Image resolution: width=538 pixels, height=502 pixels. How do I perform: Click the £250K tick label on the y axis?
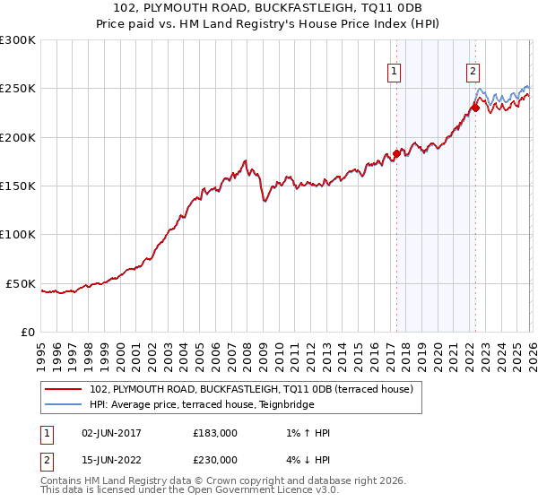pyautogui.click(x=17, y=89)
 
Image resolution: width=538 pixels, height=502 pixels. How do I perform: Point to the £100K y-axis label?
pyautogui.click(x=17, y=234)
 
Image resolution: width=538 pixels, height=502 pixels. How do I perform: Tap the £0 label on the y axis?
pyautogui.click(x=26, y=332)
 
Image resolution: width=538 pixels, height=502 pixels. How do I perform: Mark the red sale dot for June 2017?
pyautogui.click(x=395, y=153)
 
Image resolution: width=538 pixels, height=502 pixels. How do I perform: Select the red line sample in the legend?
pyautogui.click(x=64, y=390)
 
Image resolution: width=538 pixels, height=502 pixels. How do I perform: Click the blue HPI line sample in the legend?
pyautogui.click(x=64, y=404)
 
